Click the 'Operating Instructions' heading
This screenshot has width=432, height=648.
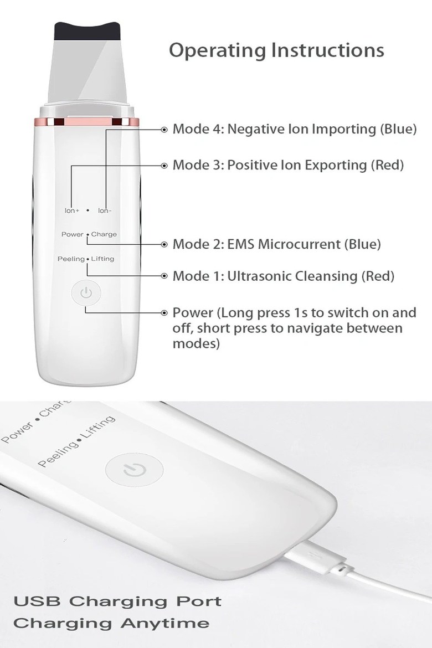tap(276, 50)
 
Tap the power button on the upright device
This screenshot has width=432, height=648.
tap(86, 293)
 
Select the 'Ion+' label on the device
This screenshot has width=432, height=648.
tap(72, 210)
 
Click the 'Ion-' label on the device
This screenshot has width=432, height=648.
tap(105, 210)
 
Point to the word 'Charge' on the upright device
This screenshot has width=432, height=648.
tap(104, 234)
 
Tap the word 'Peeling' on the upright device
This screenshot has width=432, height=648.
tap(71, 259)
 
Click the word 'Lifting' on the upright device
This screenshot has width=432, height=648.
tap(102, 259)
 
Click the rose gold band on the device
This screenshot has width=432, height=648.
tap(87, 122)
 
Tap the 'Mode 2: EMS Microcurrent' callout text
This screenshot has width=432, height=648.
tap(257, 244)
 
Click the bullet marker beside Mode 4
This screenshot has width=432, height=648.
tap(164, 130)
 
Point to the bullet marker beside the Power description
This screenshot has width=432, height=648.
tap(164, 313)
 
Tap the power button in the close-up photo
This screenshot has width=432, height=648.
tap(135, 470)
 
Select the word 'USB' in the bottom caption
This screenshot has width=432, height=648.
tap(37, 601)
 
